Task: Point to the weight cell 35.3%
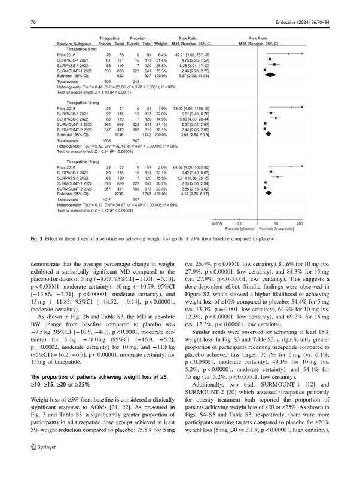click(161, 71)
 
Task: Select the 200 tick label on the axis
click(316, 223)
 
